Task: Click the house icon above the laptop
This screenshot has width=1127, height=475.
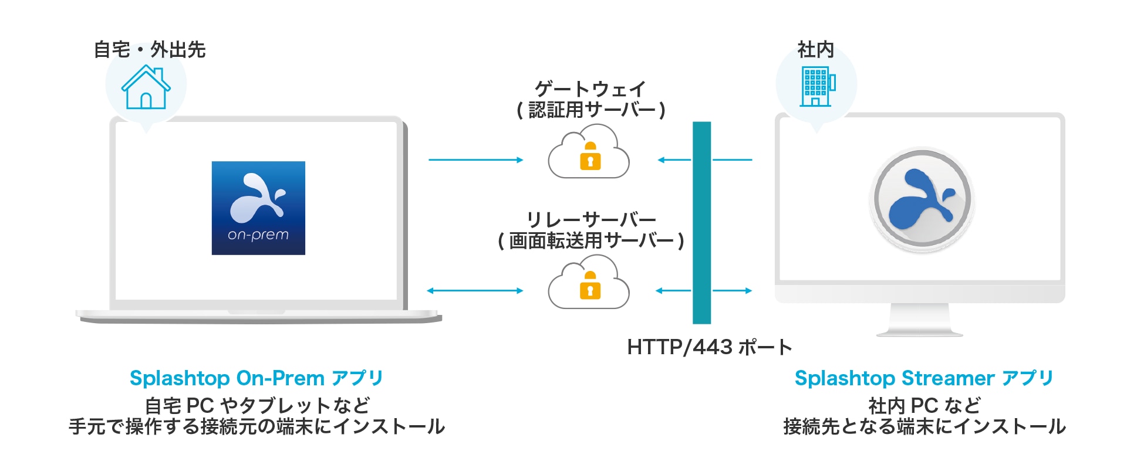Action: [146, 87]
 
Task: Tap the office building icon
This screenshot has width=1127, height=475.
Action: [817, 86]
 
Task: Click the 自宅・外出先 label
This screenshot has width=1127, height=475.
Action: [150, 50]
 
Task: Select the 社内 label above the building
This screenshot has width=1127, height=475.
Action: [815, 50]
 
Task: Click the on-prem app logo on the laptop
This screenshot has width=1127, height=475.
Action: [258, 208]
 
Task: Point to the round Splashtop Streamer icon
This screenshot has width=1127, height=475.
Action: [921, 199]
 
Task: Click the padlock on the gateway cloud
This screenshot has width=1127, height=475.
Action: [591, 157]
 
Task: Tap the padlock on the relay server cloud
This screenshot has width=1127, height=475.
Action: [591, 286]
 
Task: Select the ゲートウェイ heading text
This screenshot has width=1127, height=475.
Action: [591, 89]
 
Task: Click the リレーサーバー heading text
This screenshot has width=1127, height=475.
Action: [591, 219]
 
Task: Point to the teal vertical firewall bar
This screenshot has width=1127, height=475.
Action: [701, 223]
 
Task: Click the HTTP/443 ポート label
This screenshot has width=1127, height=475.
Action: [709, 347]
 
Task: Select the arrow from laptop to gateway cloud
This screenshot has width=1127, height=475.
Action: [475, 160]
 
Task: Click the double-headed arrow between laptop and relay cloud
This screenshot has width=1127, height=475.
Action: [475, 290]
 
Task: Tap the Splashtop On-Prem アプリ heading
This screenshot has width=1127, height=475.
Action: [257, 378]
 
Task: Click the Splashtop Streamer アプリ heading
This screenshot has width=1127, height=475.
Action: [924, 378]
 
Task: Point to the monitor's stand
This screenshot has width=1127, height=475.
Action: [919, 320]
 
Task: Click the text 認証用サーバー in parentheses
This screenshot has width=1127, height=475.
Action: [591, 110]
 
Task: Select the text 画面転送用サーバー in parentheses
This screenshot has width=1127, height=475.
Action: [591, 240]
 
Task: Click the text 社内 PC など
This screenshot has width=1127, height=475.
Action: [924, 405]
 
